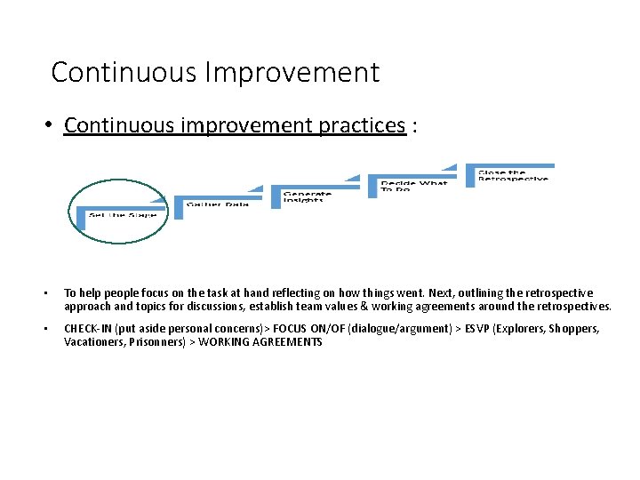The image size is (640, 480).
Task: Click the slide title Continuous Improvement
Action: tap(215, 71)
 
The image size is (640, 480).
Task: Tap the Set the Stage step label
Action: tap(123, 215)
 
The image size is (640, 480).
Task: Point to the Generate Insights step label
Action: tap(308, 196)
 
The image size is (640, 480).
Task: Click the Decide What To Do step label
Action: tap(413, 186)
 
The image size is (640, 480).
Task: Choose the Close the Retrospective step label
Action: tap(513, 175)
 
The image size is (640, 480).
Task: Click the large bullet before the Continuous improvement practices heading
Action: tap(54, 125)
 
